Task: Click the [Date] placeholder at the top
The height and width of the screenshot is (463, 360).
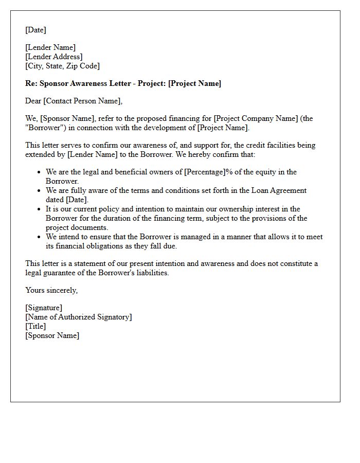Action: pos(35,30)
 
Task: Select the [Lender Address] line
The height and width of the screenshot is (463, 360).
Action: pos(54,57)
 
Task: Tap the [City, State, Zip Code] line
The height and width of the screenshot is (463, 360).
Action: pos(62,66)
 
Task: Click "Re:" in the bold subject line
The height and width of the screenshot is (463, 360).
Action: pos(31,83)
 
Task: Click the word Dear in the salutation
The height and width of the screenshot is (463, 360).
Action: pos(33,101)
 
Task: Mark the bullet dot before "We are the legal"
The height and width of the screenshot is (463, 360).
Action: pos(39,172)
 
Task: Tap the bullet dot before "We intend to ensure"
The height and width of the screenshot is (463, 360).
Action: pos(39,237)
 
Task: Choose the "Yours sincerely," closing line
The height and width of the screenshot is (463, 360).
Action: pos(51,290)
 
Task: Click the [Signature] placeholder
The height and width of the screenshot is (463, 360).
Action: pos(44,308)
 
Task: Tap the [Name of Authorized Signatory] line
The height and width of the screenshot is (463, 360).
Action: pos(79,317)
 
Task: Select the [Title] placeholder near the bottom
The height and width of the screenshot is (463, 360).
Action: pos(35,326)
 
